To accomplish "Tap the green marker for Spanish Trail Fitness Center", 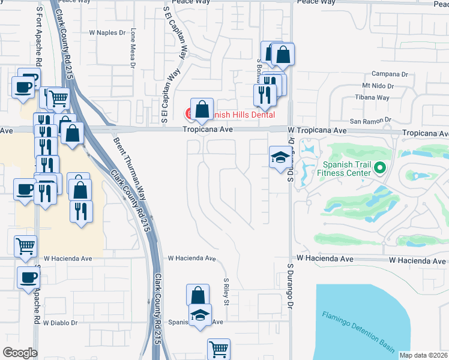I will pyautogui.click(x=379, y=169).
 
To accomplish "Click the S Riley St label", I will pyautogui.click(x=226, y=290).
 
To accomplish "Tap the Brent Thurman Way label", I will pyautogui.click(x=130, y=170).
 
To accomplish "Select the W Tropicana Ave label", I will pyautogui.click(x=317, y=130).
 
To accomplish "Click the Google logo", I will pyautogui.click(x=20, y=353).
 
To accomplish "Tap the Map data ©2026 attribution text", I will pyautogui.click(x=423, y=355).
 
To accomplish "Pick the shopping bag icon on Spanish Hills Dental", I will pyautogui.click(x=202, y=109).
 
